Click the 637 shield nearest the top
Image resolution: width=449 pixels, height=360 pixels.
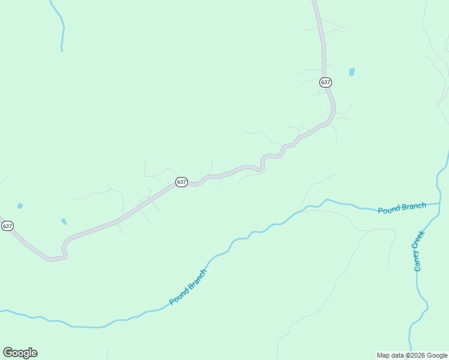(x=325, y=82)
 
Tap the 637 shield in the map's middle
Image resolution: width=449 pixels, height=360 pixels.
(x=182, y=181)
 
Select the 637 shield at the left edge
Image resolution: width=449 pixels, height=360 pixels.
(x=7, y=226)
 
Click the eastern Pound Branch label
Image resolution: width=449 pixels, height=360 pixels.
(x=402, y=208)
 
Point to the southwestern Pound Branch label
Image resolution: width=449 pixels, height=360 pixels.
(x=188, y=287)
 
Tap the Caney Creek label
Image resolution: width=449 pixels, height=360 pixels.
(x=419, y=250)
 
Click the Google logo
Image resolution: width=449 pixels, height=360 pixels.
(x=20, y=352)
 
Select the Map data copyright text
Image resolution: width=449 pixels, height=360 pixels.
(x=412, y=355)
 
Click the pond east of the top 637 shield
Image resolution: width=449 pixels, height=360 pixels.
(x=352, y=71)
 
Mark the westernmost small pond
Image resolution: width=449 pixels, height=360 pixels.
(x=20, y=206)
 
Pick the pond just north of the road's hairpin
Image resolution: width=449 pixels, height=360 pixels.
(x=64, y=221)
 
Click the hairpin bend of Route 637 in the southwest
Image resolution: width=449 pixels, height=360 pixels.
(x=64, y=250)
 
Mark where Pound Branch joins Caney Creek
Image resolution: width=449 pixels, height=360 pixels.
(x=439, y=204)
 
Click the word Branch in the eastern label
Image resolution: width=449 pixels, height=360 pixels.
(x=413, y=206)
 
